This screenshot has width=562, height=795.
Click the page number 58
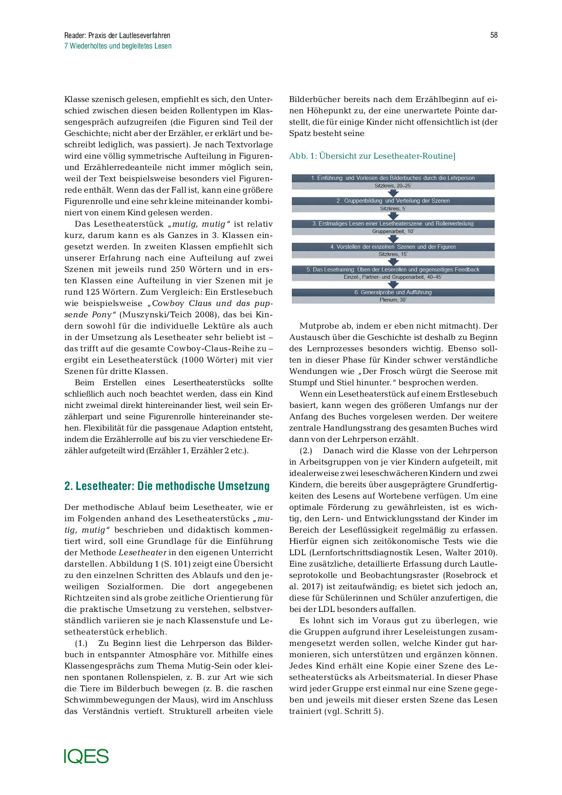[x=494, y=35]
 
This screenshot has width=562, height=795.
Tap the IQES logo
[x=86, y=756]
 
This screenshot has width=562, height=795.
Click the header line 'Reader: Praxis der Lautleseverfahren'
[x=117, y=35]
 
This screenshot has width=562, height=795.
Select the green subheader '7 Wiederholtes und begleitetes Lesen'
[x=118, y=46]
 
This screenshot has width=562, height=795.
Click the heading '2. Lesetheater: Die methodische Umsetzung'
[x=167, y=486]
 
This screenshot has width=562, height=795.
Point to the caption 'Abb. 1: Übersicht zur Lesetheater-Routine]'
[x=372, y=156]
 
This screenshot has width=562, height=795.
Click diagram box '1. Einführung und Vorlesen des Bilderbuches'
[x=393, y=178]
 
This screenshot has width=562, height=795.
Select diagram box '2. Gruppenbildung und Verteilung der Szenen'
[x=393, y=201]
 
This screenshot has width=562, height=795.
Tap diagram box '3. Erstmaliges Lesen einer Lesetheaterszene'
[x=393, y=223]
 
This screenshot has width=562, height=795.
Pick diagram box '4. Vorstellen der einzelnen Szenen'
[x=393, y=247]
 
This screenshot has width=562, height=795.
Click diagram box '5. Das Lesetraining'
[x=393, y=270]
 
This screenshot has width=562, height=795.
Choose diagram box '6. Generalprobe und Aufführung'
[x=393, y=292]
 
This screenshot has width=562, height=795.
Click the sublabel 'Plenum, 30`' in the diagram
[x=393, y=300]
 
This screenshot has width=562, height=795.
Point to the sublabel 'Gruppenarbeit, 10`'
[x=393, y=231]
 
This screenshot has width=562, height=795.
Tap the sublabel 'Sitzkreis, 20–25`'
[x=393, y=186]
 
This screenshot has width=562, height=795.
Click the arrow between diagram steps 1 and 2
[x=393, y=193]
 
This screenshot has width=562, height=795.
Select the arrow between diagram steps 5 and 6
[x=393, y=285]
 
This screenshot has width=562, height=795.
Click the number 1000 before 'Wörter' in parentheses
[x=195, y=360]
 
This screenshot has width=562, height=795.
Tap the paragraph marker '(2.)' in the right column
[x=306, y=451]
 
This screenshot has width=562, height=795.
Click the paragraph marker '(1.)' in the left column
[x=81, y=643]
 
